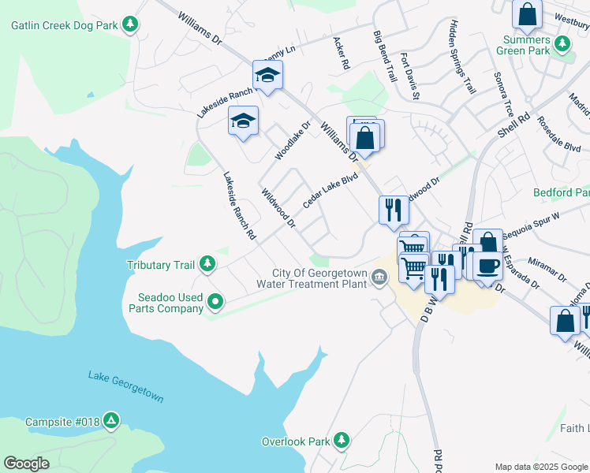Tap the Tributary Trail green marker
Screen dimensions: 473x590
tap(207, 263)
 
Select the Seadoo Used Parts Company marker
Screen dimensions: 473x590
tap(215, 301)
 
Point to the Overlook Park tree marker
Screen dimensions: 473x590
tap(342, 440)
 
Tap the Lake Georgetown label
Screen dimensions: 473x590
tap(126, 385)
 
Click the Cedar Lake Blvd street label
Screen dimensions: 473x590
tap(330, 192)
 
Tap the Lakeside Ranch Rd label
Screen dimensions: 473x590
tap(240, 206)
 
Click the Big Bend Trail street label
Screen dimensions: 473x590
tap(385, 57)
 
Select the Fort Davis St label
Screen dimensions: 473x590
tap(409, 76)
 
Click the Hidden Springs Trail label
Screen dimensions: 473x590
tap(463, 57)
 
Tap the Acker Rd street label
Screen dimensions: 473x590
tap(341, 54)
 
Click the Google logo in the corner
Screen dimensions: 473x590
tap(27, 464)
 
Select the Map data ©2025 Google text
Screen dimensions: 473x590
tap(541, 467)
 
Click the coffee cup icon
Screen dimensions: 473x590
tap(487, 265)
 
